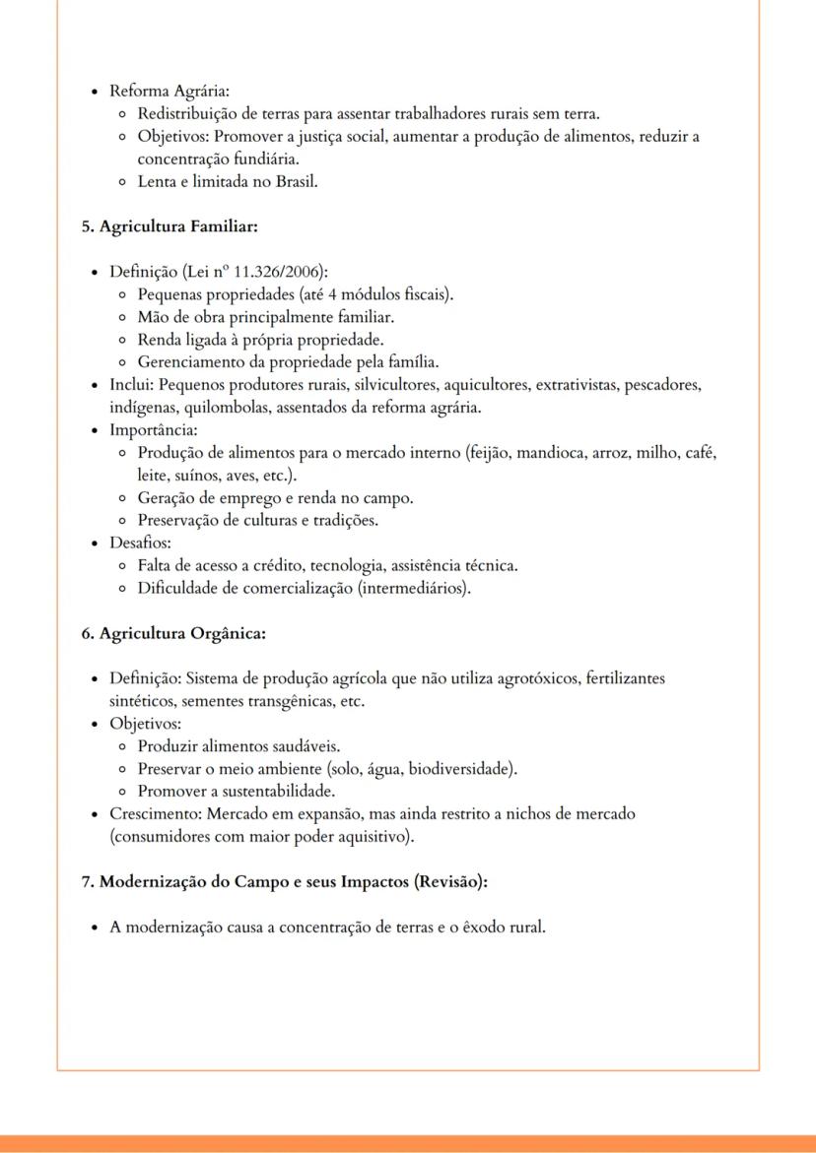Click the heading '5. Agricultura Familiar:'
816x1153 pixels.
pyautogui.click(x=169, y=226)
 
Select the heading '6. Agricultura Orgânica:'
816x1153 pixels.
pyautogui.click(x=172, y=633)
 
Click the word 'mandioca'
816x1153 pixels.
pyautogui.click(x=559, y=453)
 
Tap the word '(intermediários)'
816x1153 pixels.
pyautogui.click(x=413, y=589)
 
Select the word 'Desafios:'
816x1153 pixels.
pyautogui.click(x=141, y=543)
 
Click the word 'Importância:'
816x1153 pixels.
pyautogui.click(x=154, y=430)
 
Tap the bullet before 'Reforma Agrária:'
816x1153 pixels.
pyautogui.click(x=94, y=92)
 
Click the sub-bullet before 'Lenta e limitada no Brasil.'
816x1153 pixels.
pyautogui.click(x=121, y=182)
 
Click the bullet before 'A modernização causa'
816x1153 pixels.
pyautogui.click(x=94, y=928)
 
